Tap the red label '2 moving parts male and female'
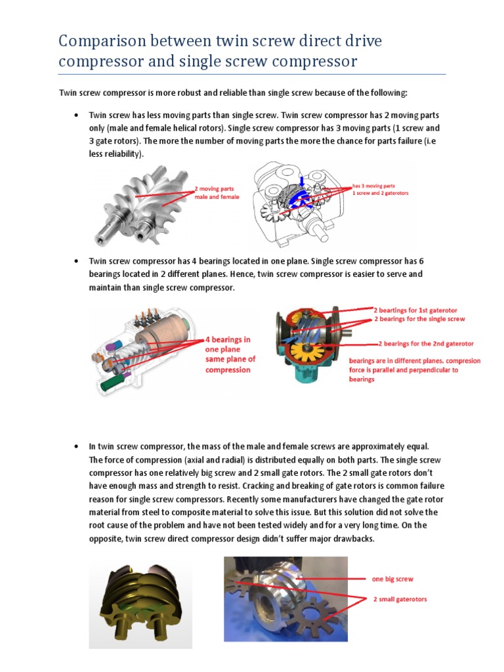point(217,192)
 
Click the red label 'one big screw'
point(392,579)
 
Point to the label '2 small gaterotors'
point(400,600)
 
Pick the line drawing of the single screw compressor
point(295,203)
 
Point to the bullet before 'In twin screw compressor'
point(76,446)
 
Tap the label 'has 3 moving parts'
point(373,186)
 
